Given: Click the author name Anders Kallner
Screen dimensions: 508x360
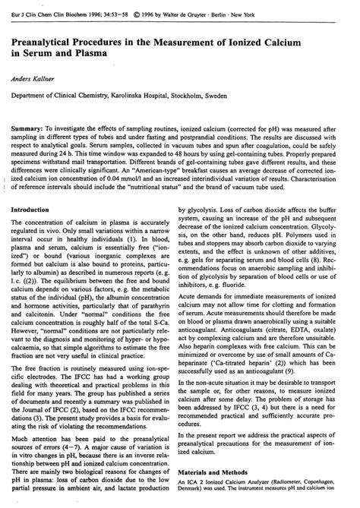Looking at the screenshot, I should (x=35, y=77).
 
